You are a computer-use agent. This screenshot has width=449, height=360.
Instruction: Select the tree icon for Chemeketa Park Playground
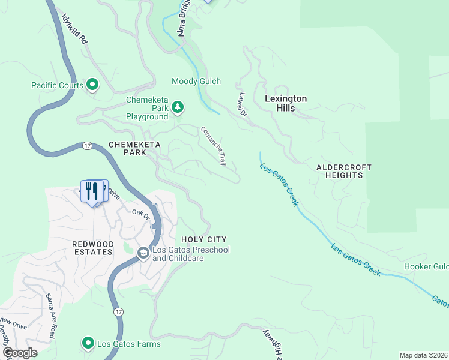tap(177, 107)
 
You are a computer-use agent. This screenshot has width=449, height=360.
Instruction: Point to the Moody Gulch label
tap(196, 81)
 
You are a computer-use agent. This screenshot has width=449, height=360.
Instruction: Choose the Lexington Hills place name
tap(286, 103)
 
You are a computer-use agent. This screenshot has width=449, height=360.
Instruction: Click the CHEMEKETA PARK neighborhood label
tap(127, 149)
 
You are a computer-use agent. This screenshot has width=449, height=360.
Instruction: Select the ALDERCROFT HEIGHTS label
tap(344, 171)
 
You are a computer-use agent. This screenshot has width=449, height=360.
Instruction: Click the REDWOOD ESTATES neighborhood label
tap(92, 248)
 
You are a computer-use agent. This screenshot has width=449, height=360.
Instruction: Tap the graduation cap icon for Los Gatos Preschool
tap(143, 254)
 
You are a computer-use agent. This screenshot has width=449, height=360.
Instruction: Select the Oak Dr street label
tap(140, 214)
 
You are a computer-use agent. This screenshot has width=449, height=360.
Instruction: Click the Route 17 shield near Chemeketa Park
tap(87, 146)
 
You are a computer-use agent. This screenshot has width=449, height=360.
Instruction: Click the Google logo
tap(20, 353)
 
